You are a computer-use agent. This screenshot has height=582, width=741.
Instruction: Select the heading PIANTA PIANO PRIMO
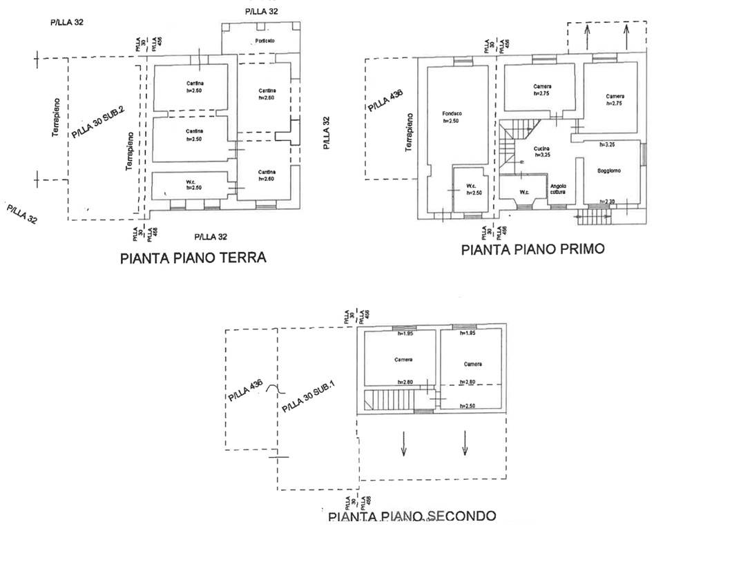pyautogui.click(x=532, y=249)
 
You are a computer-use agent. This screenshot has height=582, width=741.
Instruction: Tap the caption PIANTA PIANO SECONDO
pyautogui.click(x=412, y=516)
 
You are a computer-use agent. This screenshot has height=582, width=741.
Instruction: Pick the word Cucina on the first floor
pyautogui.click(x=541, y=148)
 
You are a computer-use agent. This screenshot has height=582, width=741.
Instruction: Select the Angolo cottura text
pyautogui.click(x=558, y=188)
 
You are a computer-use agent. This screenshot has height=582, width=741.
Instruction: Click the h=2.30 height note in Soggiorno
pyautogui.click(x=607, y=202)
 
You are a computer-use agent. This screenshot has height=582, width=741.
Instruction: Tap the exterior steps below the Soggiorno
pyautogui.click(x=593, y=217)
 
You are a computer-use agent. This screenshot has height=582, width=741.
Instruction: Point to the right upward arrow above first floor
pyautogui.click(x=627, y=32)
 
